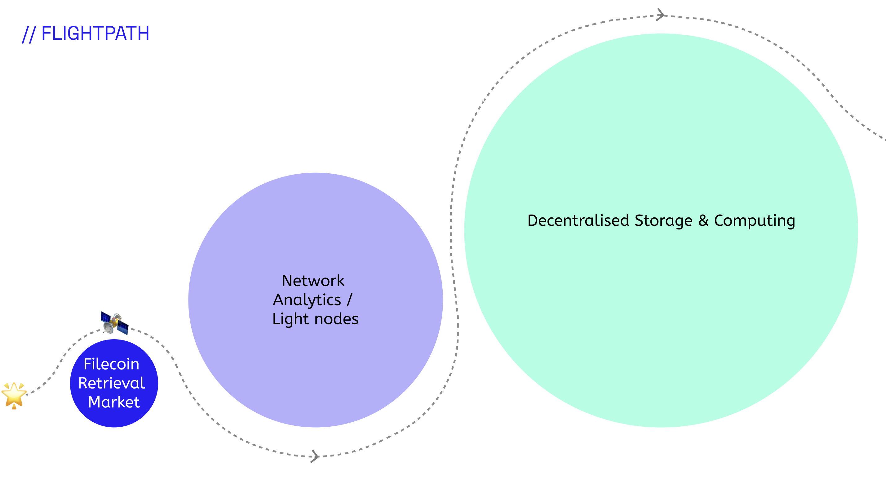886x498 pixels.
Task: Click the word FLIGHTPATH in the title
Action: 95,33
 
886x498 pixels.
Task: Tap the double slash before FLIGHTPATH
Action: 29,34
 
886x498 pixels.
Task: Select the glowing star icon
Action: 14,395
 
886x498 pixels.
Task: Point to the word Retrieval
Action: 111,383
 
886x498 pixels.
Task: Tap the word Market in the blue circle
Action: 114,402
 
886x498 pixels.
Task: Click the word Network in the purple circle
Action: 313,281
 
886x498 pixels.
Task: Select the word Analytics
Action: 307,300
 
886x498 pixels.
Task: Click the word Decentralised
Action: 578,220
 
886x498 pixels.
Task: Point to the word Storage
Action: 663,221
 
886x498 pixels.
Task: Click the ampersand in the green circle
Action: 703,220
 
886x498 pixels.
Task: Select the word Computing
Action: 755,221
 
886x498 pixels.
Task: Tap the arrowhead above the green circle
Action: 660,15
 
